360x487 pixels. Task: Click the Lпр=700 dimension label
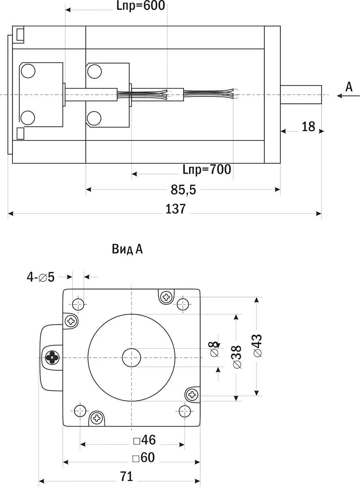(207, 169)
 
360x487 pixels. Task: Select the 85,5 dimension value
(183, 189)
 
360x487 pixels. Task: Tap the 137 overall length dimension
(176, 209)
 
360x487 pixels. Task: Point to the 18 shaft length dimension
(308, 127)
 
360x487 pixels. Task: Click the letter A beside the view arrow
(349, 86)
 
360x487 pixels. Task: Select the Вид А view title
(127, 249)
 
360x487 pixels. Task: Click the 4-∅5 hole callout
(41, 277)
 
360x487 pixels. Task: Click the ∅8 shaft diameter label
(215, 350)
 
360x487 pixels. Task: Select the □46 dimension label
(144, 440)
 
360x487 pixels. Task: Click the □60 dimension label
(143, 458)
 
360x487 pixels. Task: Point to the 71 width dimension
(127, 476)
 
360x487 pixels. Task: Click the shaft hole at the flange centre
(131, 358)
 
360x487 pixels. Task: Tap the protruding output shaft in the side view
(301, 95)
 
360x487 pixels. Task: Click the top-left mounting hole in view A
(78, 303)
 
